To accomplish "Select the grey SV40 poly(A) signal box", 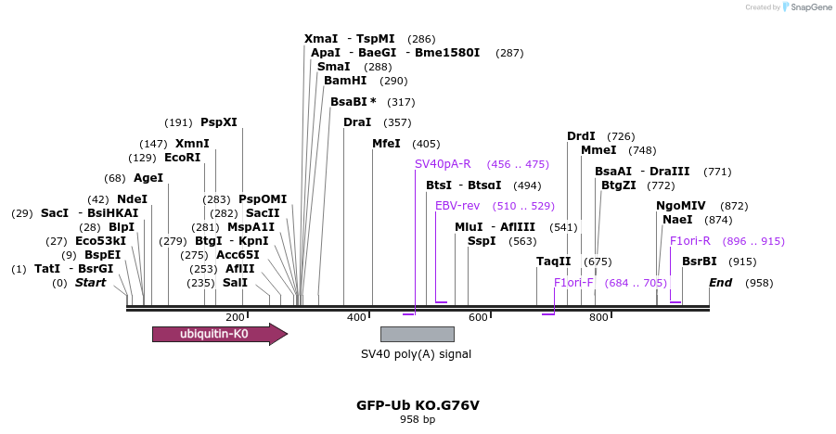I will click(417, 334).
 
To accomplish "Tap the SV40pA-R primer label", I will click(443, 164).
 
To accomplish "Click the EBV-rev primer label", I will click(457, 206).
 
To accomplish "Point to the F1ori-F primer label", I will click(573, 283).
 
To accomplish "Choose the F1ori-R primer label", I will click(690, 241).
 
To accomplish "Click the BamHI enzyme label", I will click(345, 81).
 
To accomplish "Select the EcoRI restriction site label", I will click(182, 158).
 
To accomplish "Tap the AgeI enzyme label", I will click(148, 178).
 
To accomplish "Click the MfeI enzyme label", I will click(386, 144).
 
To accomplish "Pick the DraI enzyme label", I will click(357, 122).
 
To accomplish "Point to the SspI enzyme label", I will click(482, 241).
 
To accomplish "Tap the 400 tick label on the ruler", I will click(356, 317).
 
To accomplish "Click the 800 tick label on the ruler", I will click(598, 317).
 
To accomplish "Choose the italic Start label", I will click(90, 283).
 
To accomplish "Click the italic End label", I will click(721, 283).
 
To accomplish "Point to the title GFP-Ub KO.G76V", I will click(418, 405).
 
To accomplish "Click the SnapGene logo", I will click(806, 7).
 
